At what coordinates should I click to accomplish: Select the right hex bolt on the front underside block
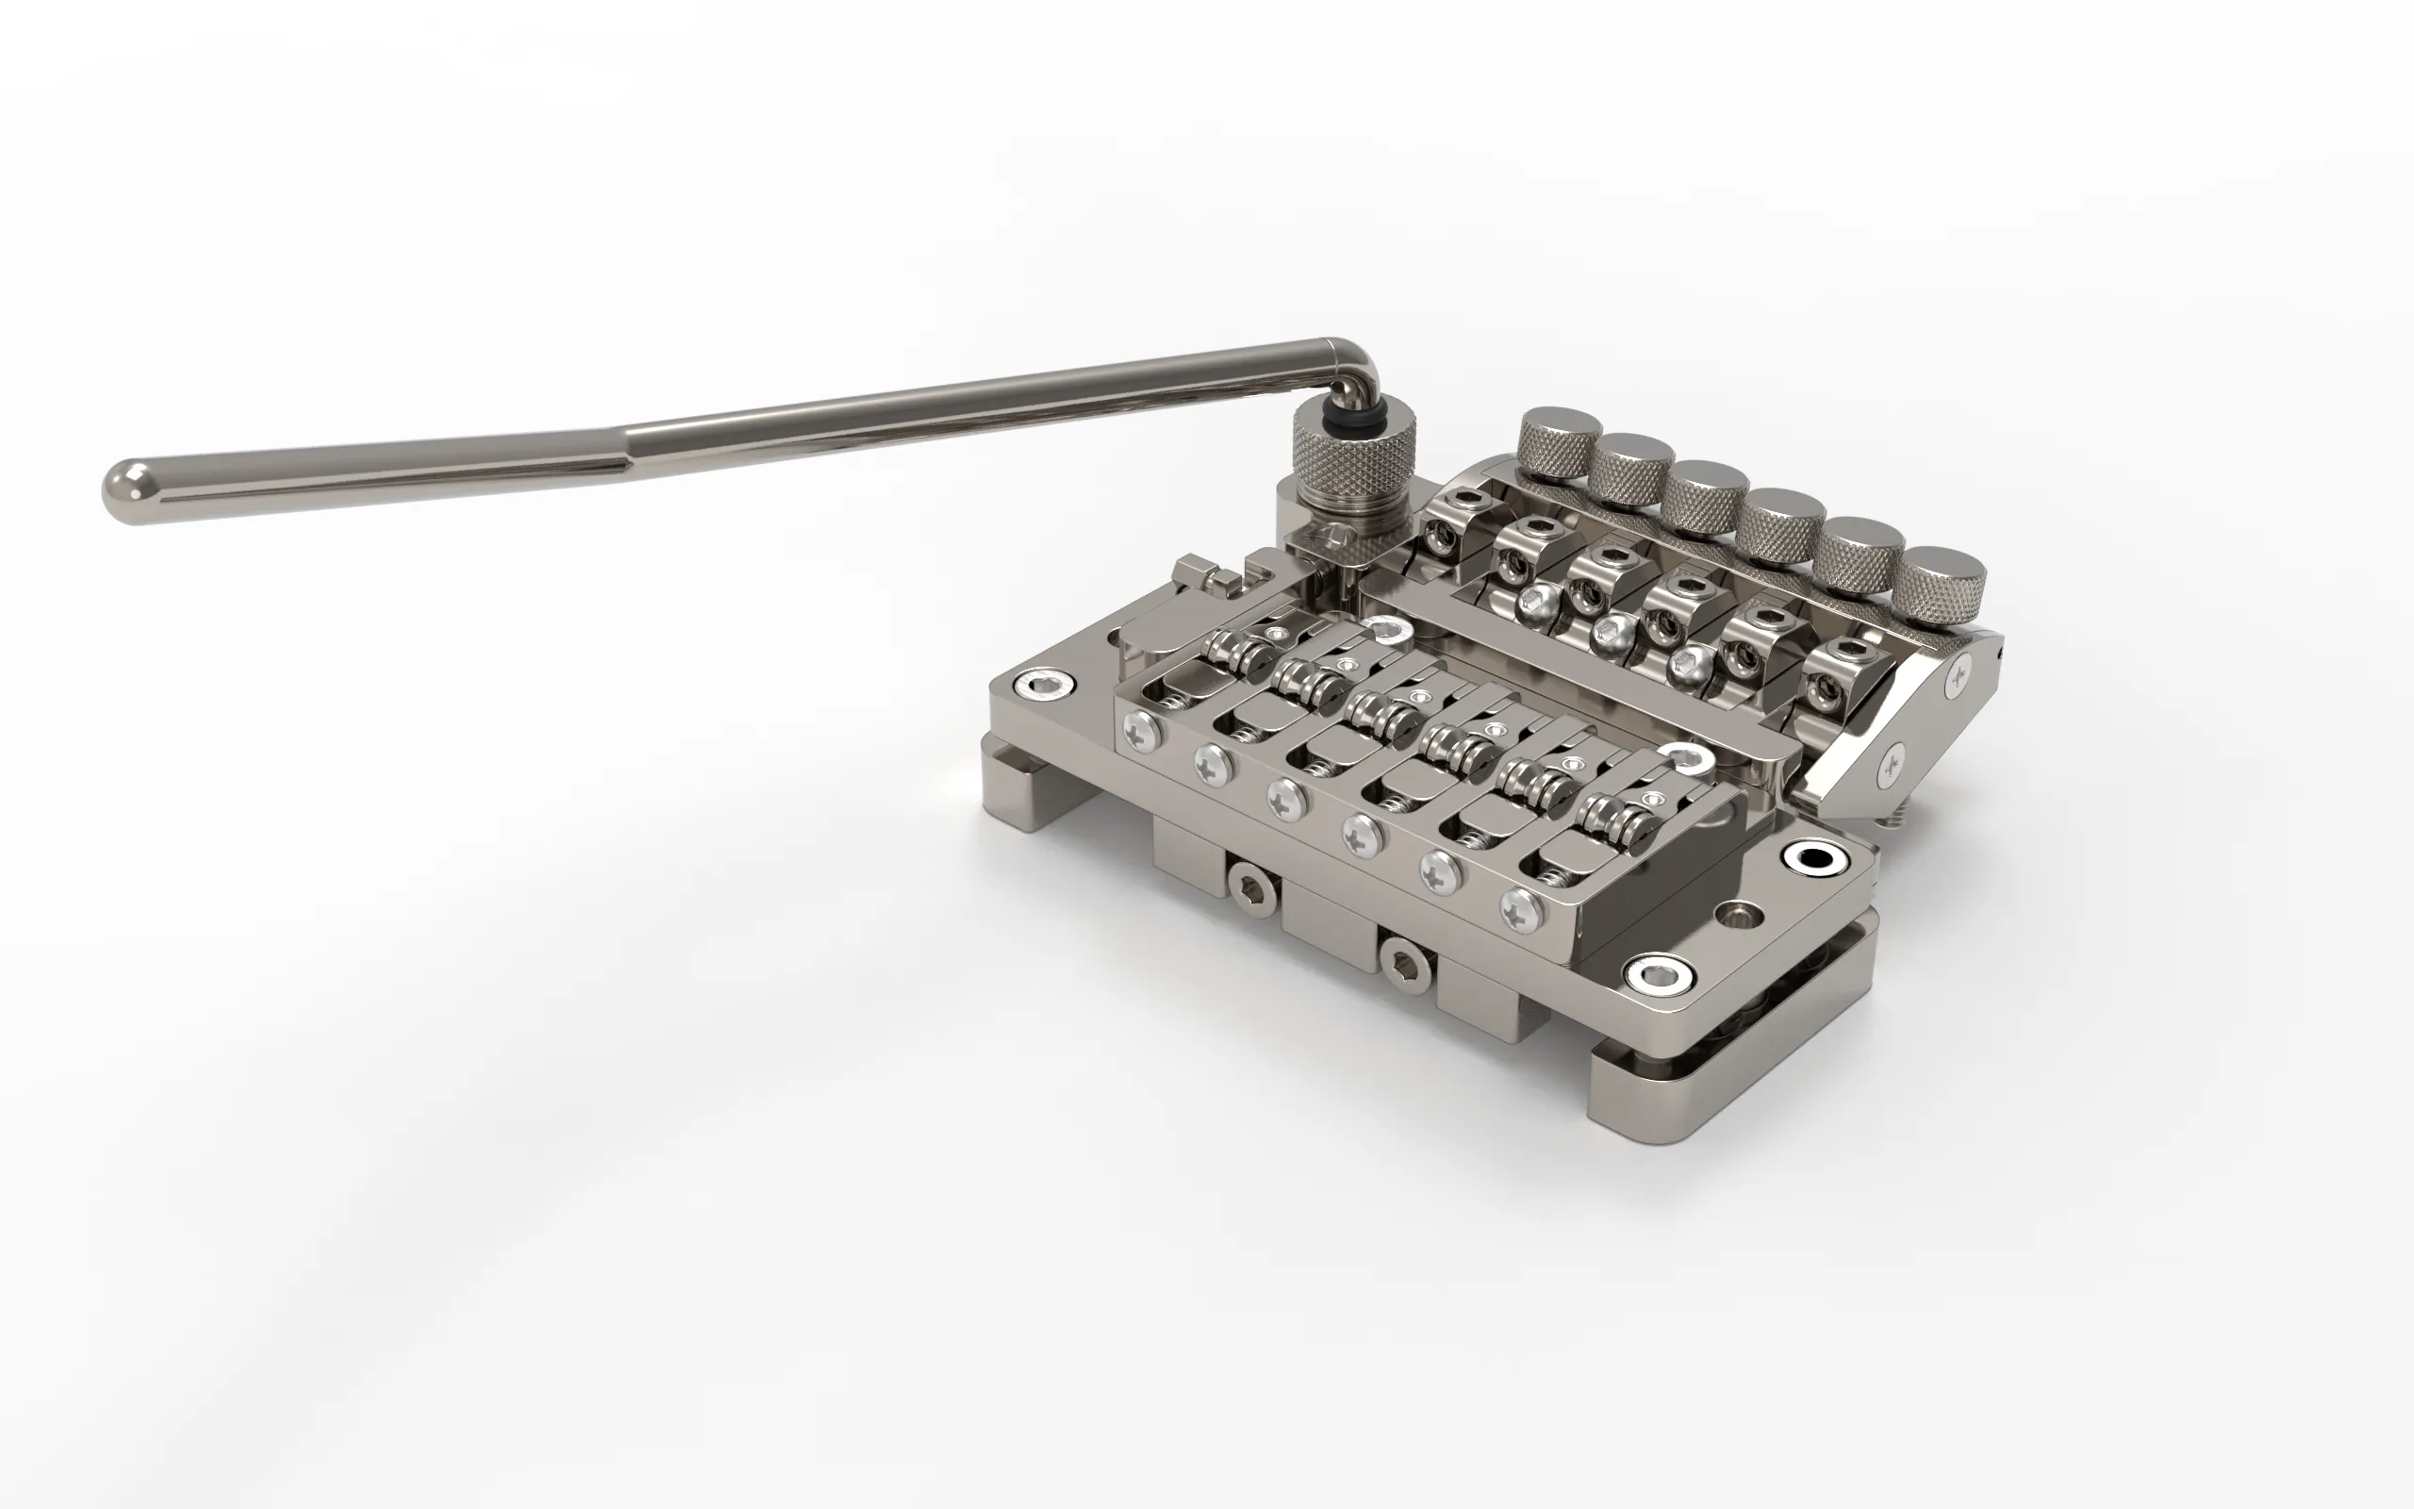point(1409,960)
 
